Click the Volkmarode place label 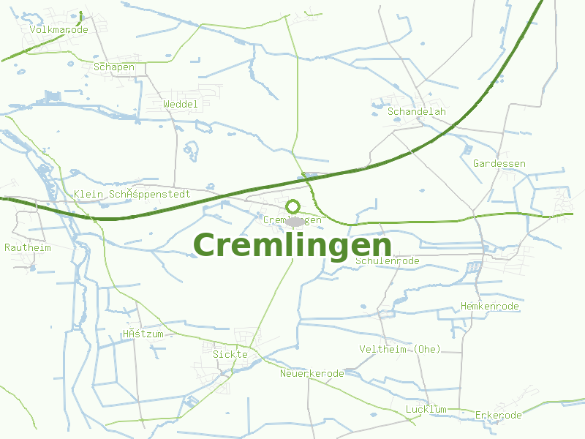pyautogui.click(x=58, y=30)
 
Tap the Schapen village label pyautogui.click(x=114, y=67)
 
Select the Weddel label pyautogui.click(x=181, y=105)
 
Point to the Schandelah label pyautogui.click(x=417, y=112)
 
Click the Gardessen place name pyautogui.click(x=499, y=163)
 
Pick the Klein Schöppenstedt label pyautogui.click(x=132, y=194)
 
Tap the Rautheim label pyautogui.click(x=28, y=247)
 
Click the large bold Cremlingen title pyautogui.click(x=292, y=245)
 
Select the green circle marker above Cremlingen pyautogui.click(x=293, y=206)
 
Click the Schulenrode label pyautogui.click(x=388, y=260)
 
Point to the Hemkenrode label pyautogui.click(x=490, y=306)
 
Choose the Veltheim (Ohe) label pyautogui.click(x=400, y=349)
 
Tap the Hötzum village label pyautogui.click(x=143, y=334)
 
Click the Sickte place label pyautogui.click(x=230, y=354)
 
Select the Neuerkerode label pyautogui.click(x=312, y=373)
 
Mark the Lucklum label pyautogui.click(x=426, y=408)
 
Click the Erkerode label pyautogui.click(x=499, y=415)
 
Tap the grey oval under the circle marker pyautogui.click(x=295, y=221)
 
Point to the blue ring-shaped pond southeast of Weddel pyautogui.click(x=191, y=150)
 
